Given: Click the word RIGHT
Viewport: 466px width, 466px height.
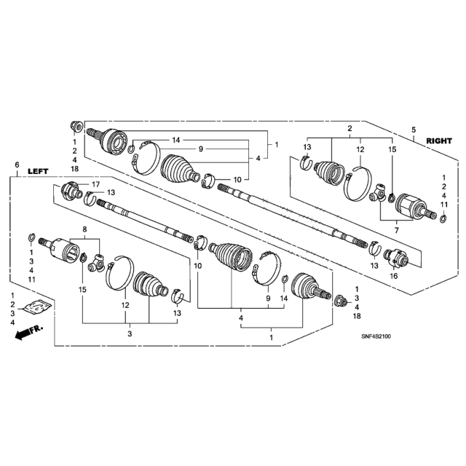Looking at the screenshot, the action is tap(439, 141).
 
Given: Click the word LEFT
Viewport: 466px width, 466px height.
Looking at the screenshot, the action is tap(38, 171).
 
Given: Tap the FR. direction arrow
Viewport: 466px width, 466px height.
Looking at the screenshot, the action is tap(28, 333).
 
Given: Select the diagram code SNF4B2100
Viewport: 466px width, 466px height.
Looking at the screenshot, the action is tap(376, 336).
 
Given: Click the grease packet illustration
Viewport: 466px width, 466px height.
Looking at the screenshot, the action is tap(37, 307).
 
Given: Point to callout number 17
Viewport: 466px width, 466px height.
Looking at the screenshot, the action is tap(95, 184).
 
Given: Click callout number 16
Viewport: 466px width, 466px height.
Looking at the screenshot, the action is tap(393, 276).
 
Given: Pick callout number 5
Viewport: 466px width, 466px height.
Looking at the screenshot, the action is tap(414, 130).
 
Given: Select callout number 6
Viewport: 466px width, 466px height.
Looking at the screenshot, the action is tap(17, 165).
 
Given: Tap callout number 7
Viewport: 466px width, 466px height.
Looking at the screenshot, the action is tap(396, 230).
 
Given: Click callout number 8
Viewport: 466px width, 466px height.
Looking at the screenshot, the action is tap(84, 229).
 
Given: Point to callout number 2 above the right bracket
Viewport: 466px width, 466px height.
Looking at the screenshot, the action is tap(349, 128).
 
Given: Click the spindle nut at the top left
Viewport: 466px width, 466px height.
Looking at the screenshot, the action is tap(76, 127).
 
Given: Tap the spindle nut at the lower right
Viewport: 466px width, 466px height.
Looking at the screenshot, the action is tap(341, 301).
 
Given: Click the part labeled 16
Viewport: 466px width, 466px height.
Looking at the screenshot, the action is tap(396, 257).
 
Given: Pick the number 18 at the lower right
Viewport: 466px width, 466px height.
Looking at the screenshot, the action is tap(357, 316).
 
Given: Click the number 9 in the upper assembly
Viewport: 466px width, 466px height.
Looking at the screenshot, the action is tap(201, 149).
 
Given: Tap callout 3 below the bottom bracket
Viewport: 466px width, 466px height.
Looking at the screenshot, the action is tap(130, 333).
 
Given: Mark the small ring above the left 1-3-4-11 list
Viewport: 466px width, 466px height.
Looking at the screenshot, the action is tap(32, 237).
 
